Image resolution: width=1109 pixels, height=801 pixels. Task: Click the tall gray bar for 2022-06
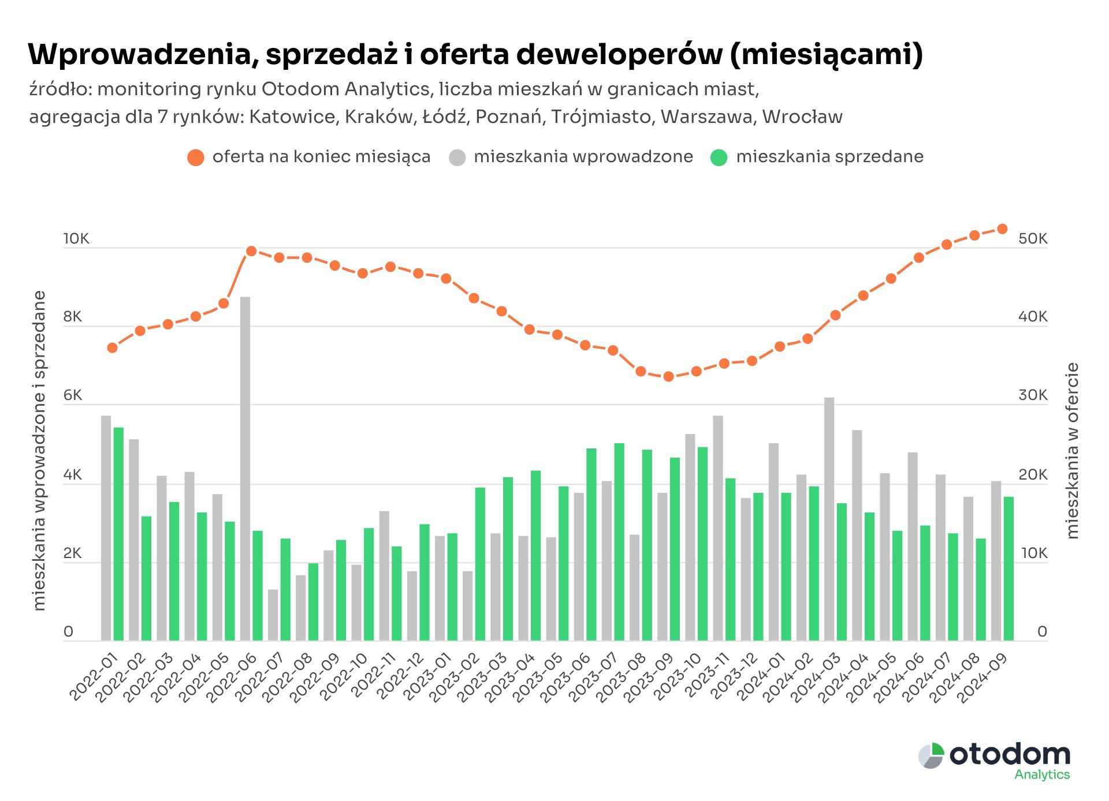pos(245,467)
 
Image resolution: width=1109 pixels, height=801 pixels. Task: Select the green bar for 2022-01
pos(118,534)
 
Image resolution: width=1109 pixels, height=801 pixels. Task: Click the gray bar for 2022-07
pos(273,615)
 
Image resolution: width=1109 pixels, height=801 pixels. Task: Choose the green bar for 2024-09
pos(1008,568)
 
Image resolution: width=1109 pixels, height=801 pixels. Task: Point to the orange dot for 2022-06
pos(251,251)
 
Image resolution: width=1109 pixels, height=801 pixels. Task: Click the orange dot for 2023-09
pos(668,377)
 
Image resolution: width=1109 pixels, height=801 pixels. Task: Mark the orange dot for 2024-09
pos(1002,229)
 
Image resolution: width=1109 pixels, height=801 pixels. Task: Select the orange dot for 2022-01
pos(112,348)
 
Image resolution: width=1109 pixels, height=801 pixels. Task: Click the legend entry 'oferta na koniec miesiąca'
pos(321,157)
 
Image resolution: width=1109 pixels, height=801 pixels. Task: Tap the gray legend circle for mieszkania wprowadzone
pos(457,158)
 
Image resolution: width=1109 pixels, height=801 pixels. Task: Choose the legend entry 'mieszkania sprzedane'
pos(829,157)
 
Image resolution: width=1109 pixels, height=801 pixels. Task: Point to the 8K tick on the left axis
pos(73,317)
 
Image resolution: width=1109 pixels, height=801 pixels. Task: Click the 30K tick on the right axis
pos(1033,395)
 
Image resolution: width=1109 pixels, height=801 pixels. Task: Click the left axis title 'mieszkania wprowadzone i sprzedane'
pos(39,450)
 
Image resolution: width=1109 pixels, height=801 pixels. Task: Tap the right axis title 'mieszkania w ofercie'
pos(1073,450)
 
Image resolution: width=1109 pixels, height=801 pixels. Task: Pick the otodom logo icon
pos(931,755)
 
